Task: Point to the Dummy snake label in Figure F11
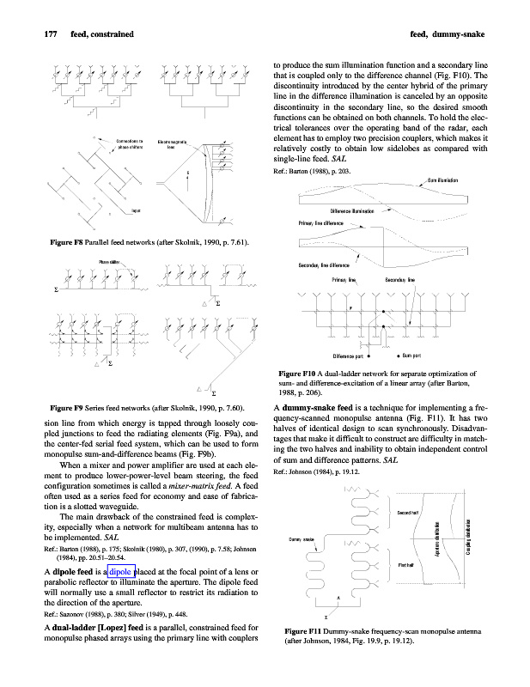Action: click(301, 539)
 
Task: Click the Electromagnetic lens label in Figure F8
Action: click(174, 143)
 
